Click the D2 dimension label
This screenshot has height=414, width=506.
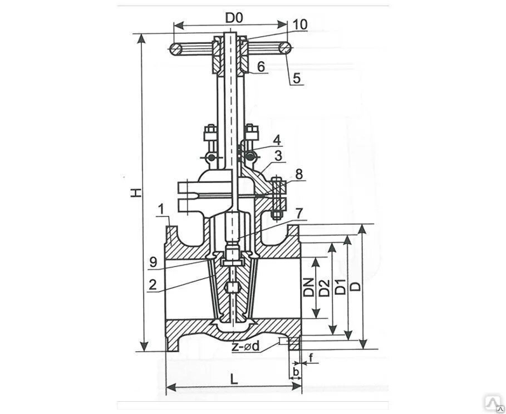[x=324, y=288]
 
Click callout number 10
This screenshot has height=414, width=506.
[x=299, y=24]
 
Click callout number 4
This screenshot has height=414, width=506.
[x=277, y=139]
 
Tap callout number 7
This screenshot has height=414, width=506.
[x=299, y=213]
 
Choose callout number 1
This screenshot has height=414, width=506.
[x=160, y=210]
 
